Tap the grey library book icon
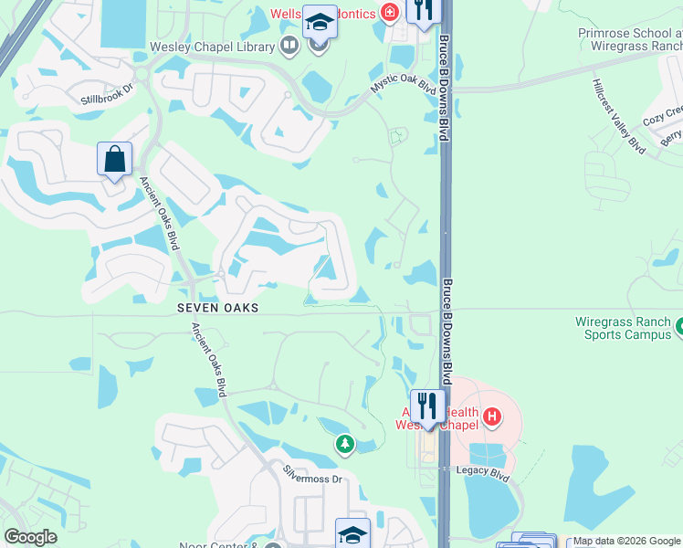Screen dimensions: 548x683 click(x=289, y=45)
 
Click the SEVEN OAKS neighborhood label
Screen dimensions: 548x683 click(x=218, y=309)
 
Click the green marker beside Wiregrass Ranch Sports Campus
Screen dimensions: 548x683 click(x=678, y=324)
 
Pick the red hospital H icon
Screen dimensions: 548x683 click(x=493, y=418)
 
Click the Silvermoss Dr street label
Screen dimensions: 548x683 click(x=311, y=475)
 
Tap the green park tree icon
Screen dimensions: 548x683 click(x=344, y=444)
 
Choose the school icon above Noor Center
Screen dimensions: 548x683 click(x=352, y=534)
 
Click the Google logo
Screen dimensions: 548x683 click(x=30, y=537)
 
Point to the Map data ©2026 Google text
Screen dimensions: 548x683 click(x=626, y=542)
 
